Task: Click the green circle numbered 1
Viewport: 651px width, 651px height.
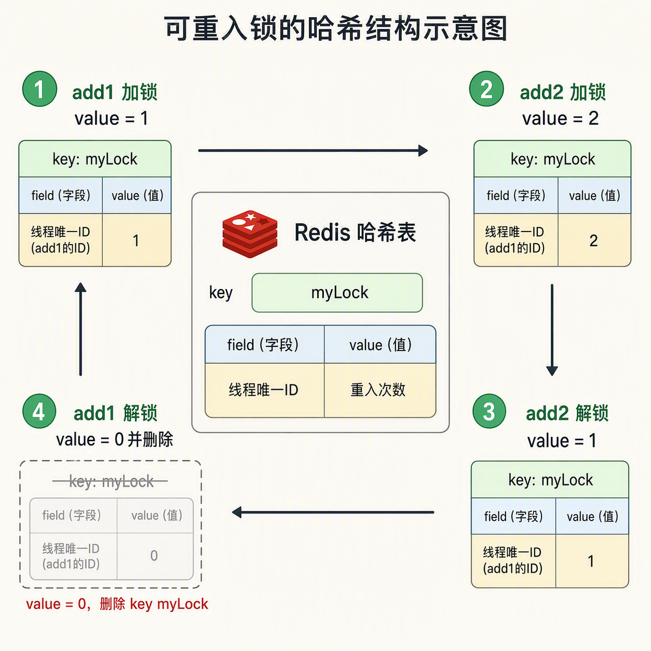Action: pyautogui.click(x=39, y=89)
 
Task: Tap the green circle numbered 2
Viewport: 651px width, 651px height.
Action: pyautogui.click(x=486, y=89)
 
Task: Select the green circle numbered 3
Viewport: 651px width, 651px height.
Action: pyautogui.click(x=489, y=411)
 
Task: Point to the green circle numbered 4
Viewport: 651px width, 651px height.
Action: pyautogui.click(x=39, y=411)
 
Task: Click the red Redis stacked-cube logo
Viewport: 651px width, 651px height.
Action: pyautogui.click(x=250, y=234)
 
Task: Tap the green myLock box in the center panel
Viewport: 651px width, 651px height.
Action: pyautogui.click(x=337, y=293)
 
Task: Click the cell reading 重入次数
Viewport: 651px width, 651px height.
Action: pyautogui.click(x=379, y=390)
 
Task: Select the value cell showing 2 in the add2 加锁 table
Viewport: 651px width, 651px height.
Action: pyautogui.click(x=594, y=240)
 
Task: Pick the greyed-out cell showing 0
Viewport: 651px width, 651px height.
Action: pyautogui.click(x=155, y=556)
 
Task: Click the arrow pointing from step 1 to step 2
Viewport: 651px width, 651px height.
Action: pyautogui.click(x=313, y=151)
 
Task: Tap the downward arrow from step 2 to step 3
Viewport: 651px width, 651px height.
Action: pyautogui.click(x=552, y=330)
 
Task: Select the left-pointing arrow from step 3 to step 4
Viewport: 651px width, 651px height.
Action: pyautogui.click(x=333, y=512)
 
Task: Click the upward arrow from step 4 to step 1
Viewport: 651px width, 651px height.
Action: pyautogui.click(x=80, y=329)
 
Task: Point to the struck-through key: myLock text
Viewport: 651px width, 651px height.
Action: pyautogui.click(x=111, y=481)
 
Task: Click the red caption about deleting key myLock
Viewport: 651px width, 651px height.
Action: pyautogui.click(x=117, y=604)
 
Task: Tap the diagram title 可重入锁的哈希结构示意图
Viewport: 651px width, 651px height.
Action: pyautogui.click(x=336, y=29)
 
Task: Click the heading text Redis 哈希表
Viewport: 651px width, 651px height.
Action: pyautogui.click(x=355, y=233)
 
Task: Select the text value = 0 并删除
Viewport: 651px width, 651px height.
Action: pyautogui.click(x=115, y=440)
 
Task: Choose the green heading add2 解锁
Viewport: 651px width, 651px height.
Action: pyautogui.click(x=567, y=413)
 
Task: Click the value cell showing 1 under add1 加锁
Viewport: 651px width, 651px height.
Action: pyautogui.click(x=137, y=240)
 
